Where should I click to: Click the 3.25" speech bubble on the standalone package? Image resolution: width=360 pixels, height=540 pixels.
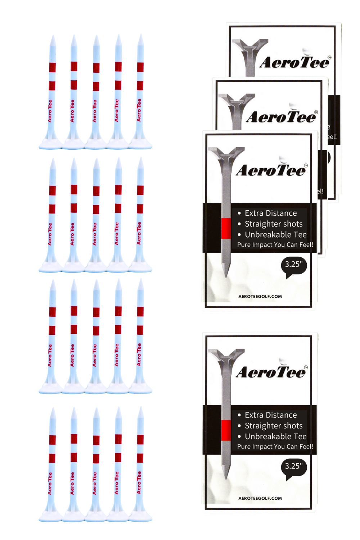tap(294, 467)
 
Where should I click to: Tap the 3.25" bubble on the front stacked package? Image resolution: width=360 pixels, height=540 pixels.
tap(294, 265)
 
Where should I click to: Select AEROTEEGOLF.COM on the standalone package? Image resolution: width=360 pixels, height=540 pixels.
tap(260, 498)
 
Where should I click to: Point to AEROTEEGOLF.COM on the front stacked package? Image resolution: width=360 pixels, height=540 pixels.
tap(260, 297)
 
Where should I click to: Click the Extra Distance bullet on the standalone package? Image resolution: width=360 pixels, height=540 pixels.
tap(271, 415)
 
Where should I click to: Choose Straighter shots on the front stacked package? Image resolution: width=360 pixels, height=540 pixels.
tap(274, 224)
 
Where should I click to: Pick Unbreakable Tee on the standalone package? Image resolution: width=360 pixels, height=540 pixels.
tap(275, 436)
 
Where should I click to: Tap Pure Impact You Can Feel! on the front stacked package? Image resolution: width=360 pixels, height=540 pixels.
tap(275, 245)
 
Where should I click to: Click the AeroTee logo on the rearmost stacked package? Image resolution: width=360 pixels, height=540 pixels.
tap(294, 62)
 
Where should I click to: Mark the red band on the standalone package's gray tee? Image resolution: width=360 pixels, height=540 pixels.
tap(226, 430)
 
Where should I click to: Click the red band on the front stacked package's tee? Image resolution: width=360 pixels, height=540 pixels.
tap(226, 228)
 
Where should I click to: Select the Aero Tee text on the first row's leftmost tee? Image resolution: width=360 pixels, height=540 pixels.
tap(50, 111)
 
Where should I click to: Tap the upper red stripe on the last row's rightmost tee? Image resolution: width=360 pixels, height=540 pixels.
tap(140, 439)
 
